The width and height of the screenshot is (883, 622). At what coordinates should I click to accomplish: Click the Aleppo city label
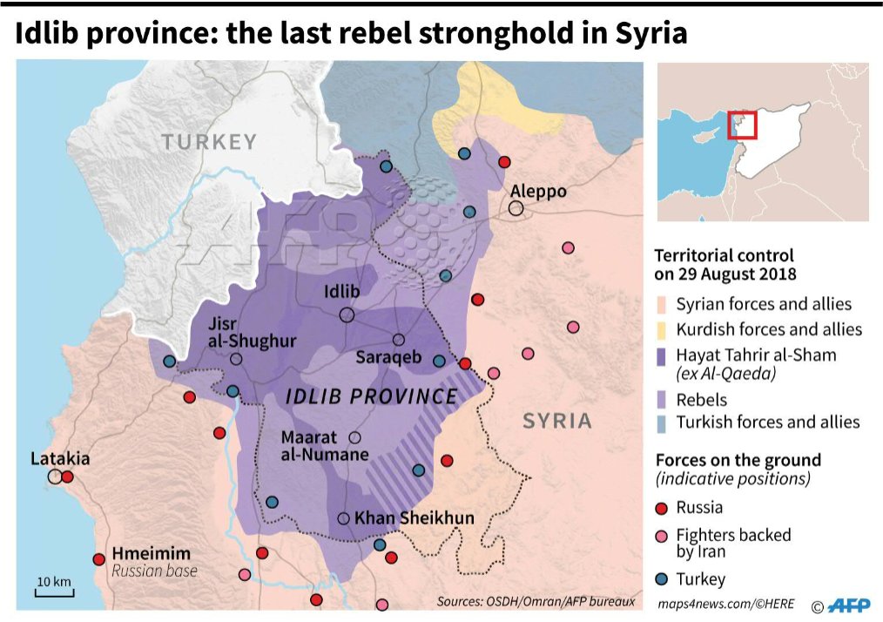point(538,191)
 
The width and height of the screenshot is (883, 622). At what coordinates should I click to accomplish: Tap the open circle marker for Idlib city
point(347,314)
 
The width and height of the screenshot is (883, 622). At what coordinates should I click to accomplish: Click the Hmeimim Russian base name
point(151,554)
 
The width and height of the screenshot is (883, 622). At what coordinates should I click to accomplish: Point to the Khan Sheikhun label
point(415,518)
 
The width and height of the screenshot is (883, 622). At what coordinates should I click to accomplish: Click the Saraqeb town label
point(388,358)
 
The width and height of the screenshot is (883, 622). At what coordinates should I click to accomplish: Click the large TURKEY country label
point(209,142)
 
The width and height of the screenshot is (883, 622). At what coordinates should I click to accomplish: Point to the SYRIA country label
point(557,421)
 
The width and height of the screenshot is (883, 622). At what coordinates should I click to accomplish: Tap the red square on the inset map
point(743,125)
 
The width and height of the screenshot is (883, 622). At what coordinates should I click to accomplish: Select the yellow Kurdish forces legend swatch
point(661,329)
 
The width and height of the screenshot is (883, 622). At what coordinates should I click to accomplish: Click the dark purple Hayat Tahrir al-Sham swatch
point(661,355)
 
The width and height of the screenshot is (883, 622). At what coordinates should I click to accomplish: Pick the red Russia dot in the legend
point(662,507)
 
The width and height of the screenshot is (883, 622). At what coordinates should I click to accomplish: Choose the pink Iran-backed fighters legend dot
point(662,536)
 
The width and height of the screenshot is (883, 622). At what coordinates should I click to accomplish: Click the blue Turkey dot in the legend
point(662,579)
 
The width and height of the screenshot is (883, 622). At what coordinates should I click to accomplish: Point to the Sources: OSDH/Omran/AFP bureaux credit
point(536,602)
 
